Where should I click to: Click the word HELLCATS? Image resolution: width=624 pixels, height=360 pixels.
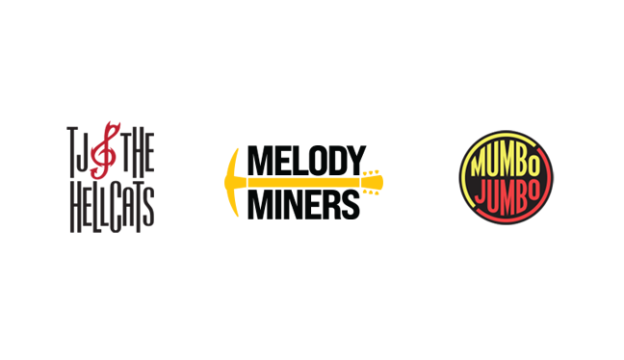click(110, 205)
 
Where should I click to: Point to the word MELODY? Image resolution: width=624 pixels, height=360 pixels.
click(306, 160)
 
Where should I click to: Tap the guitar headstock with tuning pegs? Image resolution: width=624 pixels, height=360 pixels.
click(374, 181)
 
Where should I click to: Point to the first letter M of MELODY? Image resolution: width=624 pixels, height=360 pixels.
click(258, 160)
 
